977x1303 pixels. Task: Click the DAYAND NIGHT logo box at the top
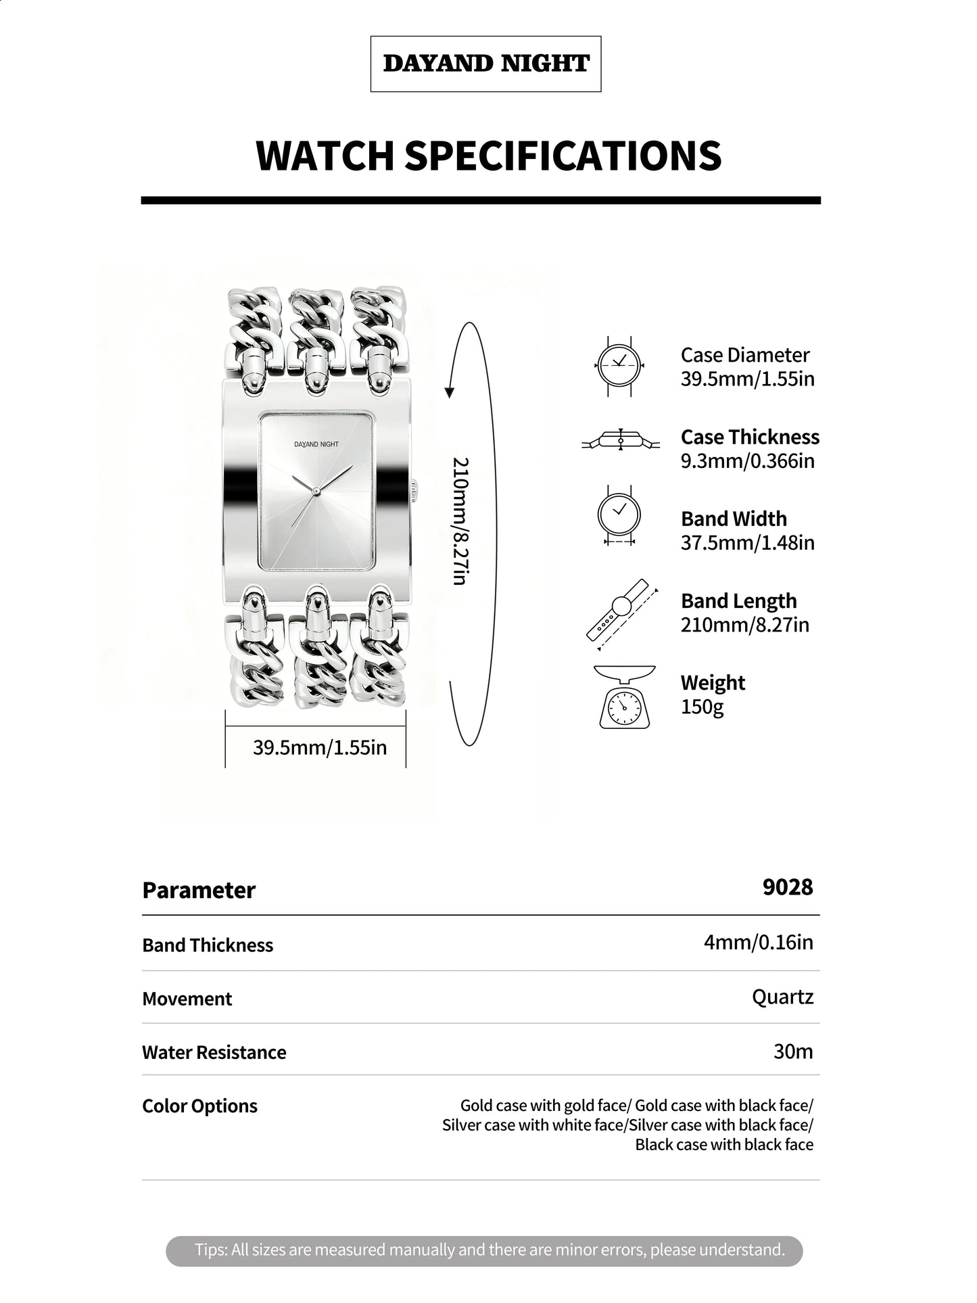coord(485,64)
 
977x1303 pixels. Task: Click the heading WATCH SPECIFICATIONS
coord(488,156)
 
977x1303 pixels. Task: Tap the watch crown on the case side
coord(414,490)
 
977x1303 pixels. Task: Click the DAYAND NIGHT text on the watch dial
coord(316,444)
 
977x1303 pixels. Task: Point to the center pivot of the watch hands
coord(316,489)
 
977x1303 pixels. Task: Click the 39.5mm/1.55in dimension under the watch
coord(320,747)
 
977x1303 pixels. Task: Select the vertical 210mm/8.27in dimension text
coord(460,521)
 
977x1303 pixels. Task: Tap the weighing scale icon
coord(624,696)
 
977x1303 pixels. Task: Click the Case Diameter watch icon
coord(619,366)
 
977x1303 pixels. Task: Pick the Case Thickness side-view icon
coord(621,441)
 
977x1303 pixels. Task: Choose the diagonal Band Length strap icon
coord(621,615)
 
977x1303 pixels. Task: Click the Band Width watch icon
coord(619,515)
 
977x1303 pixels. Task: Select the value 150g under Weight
coord(702,707)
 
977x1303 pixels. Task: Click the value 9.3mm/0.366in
coord(747,461)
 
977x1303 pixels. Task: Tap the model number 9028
coord(788,886)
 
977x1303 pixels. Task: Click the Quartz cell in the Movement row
coord(782,997)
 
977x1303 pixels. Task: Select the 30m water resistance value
coord(793,1051)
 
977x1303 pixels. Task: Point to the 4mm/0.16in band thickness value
coord(758,942)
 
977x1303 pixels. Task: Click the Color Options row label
coord(199,1106)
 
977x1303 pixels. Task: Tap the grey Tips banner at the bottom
coord(484,1250)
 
